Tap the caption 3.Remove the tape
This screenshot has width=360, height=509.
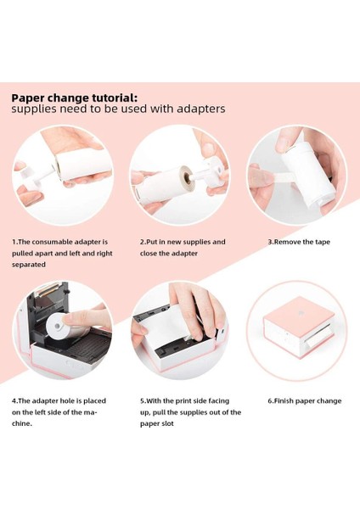[x=299, y=242]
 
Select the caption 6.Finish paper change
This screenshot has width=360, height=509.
[x=304, y=401]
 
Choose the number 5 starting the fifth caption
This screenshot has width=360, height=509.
[x=142, y=401]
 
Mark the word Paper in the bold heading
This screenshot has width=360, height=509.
[x=28, y=97]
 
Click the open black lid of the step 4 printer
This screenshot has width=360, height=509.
[x=47, y=299]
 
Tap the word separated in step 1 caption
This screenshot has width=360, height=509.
[x=29, y=264]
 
